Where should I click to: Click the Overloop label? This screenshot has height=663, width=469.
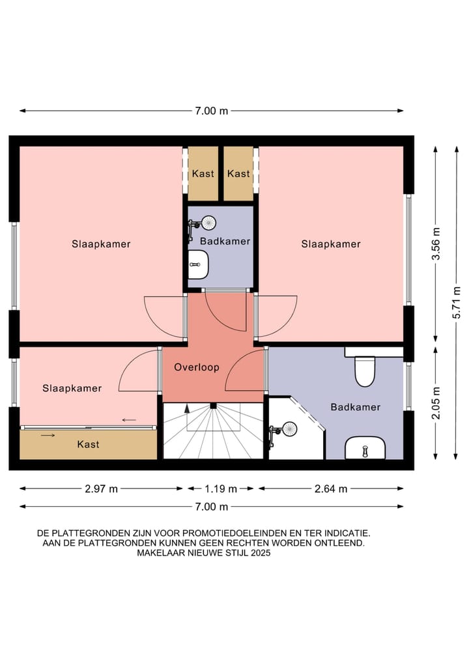coord(197,367)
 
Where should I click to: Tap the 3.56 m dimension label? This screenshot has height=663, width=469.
coord(436,244)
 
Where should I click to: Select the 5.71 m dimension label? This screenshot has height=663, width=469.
coord(457,302)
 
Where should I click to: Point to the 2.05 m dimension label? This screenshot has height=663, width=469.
coord(436,402)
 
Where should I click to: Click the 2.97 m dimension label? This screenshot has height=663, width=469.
coord(102,489)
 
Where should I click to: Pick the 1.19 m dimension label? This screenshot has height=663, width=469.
coord(221,489)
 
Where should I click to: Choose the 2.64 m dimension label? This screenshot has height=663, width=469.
coord(331,489)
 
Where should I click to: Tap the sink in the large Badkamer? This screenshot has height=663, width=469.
coord(365,448)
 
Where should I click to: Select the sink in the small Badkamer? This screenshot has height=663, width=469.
coord(198,264)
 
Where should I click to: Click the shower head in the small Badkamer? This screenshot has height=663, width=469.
coord(208,222)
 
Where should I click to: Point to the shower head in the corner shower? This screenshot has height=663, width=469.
coord(290,429)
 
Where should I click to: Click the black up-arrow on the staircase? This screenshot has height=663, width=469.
coord(186,408)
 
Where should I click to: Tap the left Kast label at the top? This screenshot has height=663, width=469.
coord(203,173)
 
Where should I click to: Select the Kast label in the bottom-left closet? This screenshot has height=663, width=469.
coord(89,444)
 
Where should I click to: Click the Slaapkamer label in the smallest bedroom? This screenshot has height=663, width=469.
coord(72,388)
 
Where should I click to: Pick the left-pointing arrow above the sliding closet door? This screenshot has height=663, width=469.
coord(129,420)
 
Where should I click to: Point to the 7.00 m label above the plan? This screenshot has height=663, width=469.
coord(212,111)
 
